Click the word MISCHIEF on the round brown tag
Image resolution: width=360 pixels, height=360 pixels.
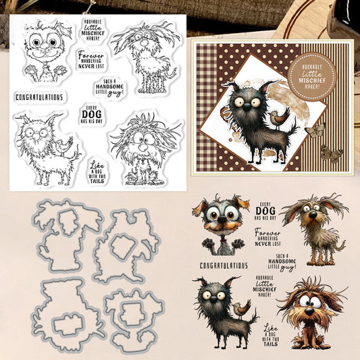(x=312, y=80)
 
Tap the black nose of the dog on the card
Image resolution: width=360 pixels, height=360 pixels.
(x=247, y=106)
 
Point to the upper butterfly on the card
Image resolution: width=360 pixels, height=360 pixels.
(x=315, y=130)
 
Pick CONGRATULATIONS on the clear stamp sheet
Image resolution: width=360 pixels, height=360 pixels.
(x=39, y=97)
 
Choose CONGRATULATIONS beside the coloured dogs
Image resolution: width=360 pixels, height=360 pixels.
(x=224, y=265)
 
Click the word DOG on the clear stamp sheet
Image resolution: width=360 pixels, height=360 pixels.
(x=92, y=114)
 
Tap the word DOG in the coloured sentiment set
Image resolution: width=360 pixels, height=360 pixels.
(x=265, y=211)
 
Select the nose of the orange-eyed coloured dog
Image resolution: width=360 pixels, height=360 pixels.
(x=222, y=220)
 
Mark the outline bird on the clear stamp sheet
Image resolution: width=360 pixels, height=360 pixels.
(x=62, y=147)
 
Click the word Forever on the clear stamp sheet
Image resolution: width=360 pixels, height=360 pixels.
(x=91, y=55)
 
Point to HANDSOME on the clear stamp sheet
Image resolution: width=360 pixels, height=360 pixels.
(x=109, y=86)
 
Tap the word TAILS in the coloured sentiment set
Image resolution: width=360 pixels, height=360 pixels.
(x=271, y=344)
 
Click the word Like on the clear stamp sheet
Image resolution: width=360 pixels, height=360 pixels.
(x=97, y=165)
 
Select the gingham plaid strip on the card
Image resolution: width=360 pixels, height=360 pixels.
(x=207, y=107)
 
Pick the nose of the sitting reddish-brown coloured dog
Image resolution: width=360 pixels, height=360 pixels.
(x=309, y=311)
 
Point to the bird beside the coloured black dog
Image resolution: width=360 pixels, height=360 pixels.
(x=241, y=309)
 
